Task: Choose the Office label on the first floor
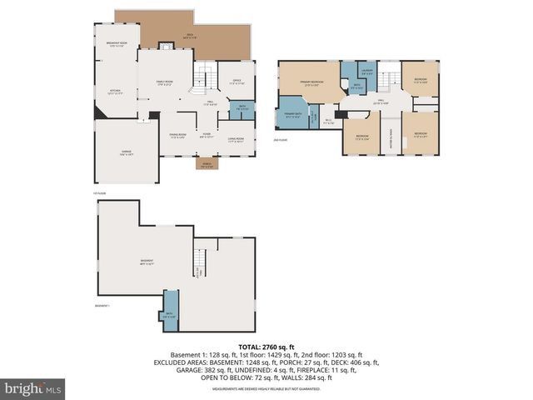pyautogui.click(x=237, y=82)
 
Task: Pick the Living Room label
pyautogui.click(x=236, y=139)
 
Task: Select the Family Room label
pyautogui.click(x=164, y=82)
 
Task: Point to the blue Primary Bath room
pyautogui.click(x=292, y=116)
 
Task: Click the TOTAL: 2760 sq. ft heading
pyautogui.click(x=266, y=346)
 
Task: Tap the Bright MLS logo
pyautogui.click(x=33, y=388)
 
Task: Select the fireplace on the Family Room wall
pyautogui.click(x=165, y=47)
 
